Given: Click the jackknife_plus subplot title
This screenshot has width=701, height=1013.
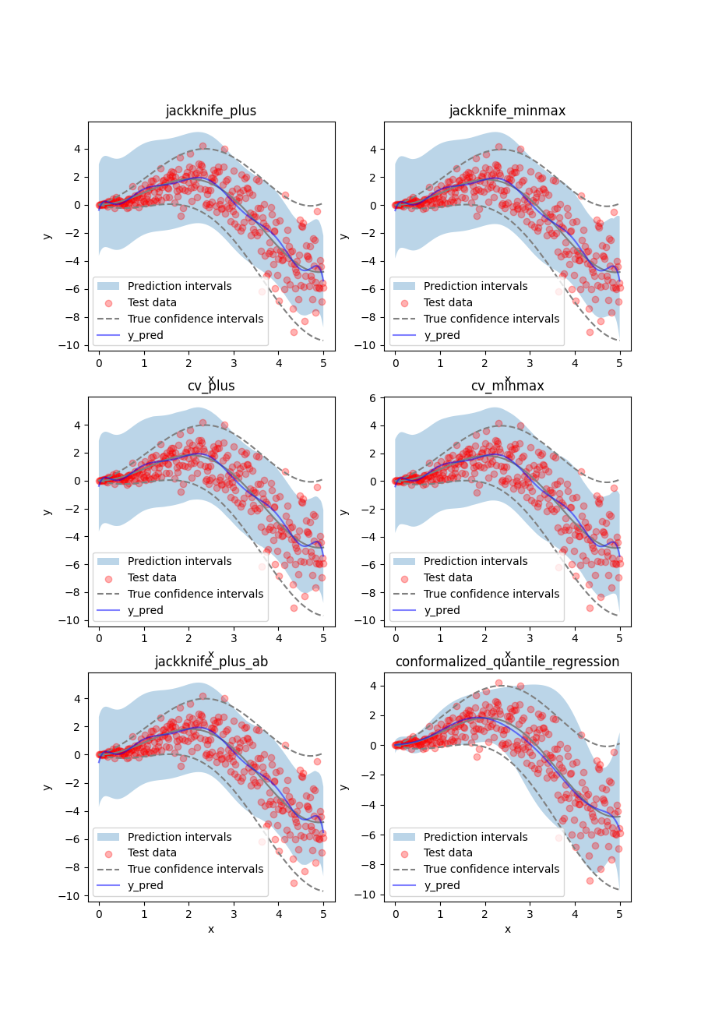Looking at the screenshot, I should pyautogui.click(x=211, y=111).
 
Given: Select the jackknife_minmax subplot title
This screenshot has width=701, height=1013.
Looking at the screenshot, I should pyautogui.click(x=507, y=111).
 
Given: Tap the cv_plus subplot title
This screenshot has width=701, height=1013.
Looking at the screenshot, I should pyautogui.click(x=211, y=386).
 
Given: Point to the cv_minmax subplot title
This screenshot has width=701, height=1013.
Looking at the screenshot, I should pyautogui.click(x=507, y=386).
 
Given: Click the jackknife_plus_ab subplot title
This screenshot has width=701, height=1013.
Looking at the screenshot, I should pyautogui.click(x=211, y=662).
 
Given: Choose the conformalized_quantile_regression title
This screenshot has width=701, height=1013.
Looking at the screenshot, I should pyautogui.click(x=507, y=662).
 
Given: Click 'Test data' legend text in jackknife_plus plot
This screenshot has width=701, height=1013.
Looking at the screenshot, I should pyautogui.click(x=152, y=302).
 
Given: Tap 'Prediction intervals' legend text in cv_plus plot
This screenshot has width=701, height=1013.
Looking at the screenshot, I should pyautogui.click(x=180, y=561).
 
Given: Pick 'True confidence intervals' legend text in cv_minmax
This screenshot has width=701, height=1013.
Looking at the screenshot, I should pyautogui.click(x=491, y=594).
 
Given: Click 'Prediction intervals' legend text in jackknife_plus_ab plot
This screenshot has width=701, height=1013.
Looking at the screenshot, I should pyautogui.click(x=180, y=837).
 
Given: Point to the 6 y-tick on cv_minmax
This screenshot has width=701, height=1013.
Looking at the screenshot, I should pyautogui.click(x=373, y=397).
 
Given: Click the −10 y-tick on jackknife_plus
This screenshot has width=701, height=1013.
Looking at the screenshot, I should pyautogui.click(x=72, y=345).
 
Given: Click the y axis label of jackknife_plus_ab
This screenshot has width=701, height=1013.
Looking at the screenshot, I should pyautogui.click(x=48, y=787).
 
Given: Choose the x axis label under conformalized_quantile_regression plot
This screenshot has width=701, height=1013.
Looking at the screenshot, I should pyautogui.click(x=507, y=929).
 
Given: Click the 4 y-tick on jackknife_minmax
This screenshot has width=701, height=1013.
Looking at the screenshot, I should pyautogui.click(x=373, y=150).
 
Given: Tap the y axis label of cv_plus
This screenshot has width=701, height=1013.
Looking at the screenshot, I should pyautogui.click(x=48, y=511).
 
